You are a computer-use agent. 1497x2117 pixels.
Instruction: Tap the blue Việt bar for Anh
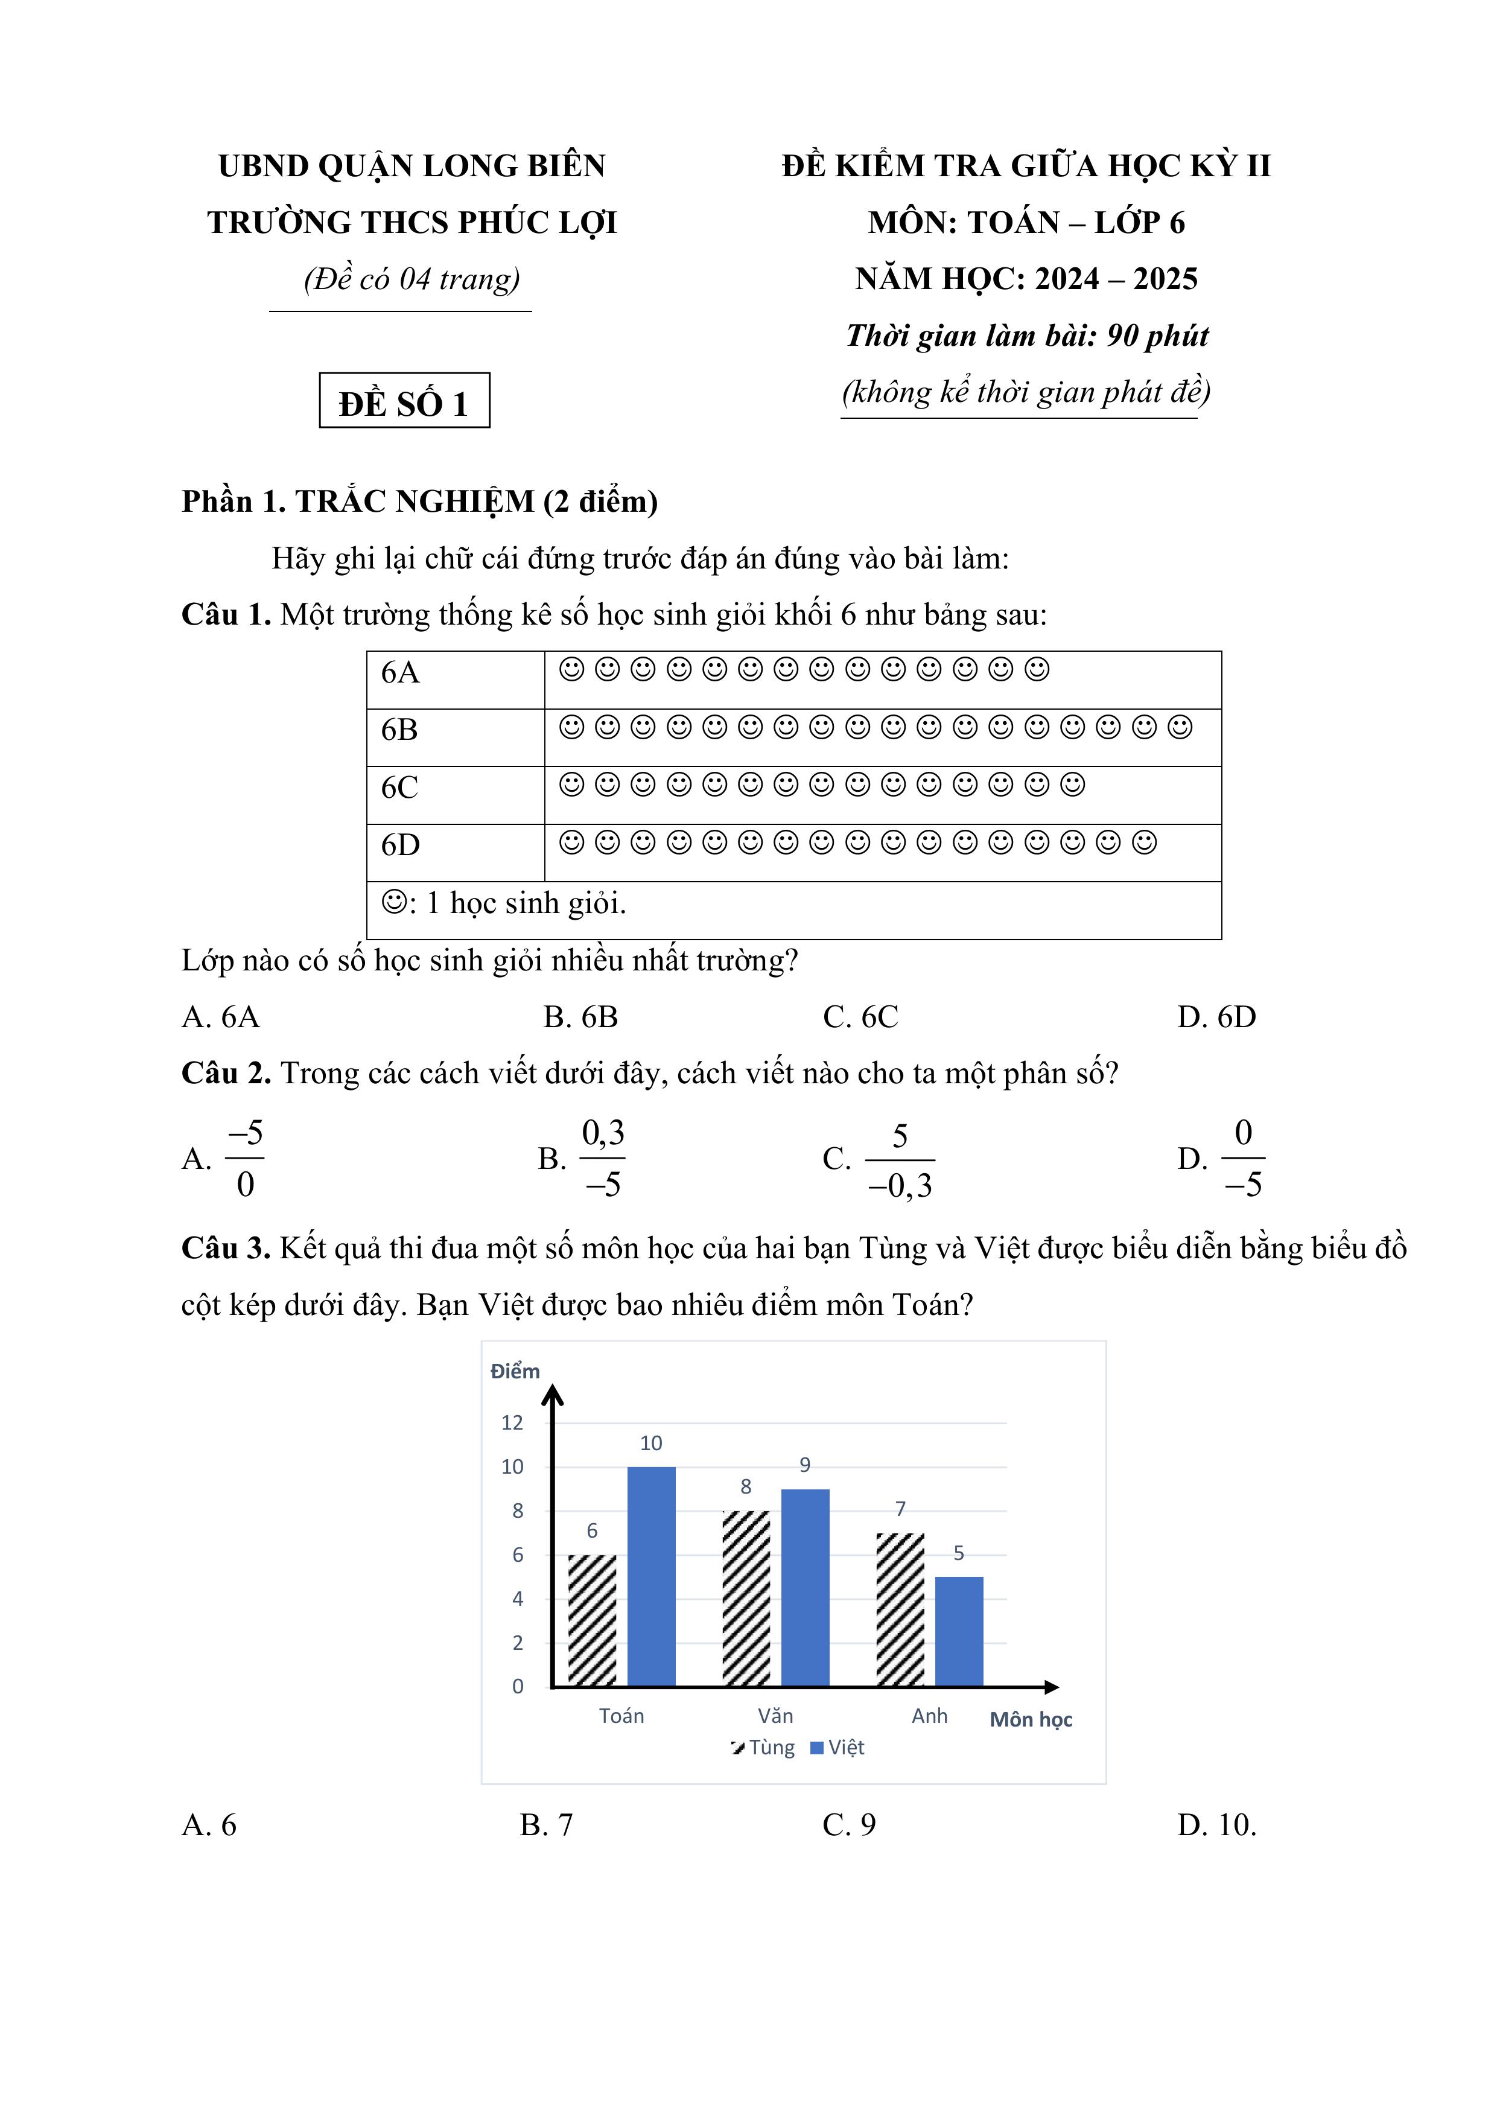[x=959, y=1631]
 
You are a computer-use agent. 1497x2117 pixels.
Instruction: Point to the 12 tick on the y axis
[x=512, y=1423]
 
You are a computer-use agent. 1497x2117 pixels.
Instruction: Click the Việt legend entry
[x=838, y=1747]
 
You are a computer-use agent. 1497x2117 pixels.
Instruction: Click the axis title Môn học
[x=1031, y=1719]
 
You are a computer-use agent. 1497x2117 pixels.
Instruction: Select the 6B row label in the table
[x=400, y=730]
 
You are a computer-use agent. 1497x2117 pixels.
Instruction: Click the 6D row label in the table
[x=400, y=845]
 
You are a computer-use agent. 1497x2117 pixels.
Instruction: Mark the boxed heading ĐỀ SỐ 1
[x=404, y=402]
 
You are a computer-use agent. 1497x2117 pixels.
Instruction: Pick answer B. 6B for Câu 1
[x=580, y=1017]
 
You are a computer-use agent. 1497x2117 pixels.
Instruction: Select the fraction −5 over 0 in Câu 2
[x=244, y=1158]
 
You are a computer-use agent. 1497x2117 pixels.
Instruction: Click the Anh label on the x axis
[x=929, y=1716]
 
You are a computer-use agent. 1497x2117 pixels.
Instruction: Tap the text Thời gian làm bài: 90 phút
[x=1027, y=336]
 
